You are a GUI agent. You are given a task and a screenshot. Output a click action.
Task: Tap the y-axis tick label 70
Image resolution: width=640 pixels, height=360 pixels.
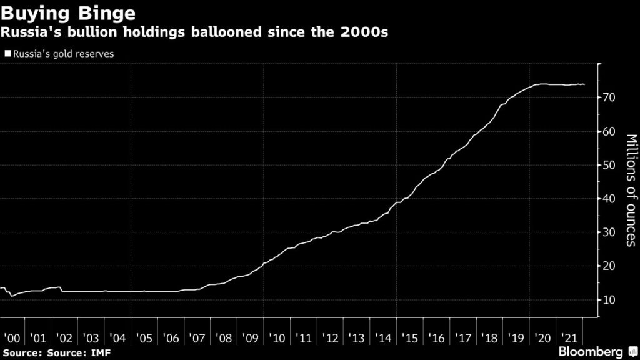(x=611, y=97)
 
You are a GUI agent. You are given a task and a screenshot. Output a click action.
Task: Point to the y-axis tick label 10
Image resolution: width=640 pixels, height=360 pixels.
(x=611, y=300)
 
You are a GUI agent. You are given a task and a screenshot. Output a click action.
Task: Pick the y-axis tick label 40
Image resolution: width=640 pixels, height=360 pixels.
(x=611, y=199)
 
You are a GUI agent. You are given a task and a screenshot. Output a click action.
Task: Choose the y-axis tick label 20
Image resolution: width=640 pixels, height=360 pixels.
(x=611, y=266)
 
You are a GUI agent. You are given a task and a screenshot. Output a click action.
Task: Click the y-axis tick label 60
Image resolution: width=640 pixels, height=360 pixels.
(x=611, y=131)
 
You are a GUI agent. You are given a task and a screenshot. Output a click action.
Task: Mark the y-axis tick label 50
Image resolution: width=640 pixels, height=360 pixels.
(x=611, y=165)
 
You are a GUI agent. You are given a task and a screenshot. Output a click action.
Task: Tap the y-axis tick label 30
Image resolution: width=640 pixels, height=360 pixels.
(x=611, y=232)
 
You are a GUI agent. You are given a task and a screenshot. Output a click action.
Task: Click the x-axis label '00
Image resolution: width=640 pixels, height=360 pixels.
(x=12, y=338)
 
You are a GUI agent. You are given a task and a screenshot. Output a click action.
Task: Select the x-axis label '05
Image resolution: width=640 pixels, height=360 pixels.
(x=145, y=338)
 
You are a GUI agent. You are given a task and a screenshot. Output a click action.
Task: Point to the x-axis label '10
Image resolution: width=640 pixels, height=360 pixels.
(x=277, y=338)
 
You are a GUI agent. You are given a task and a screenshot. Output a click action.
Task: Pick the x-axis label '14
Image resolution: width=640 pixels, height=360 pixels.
(x=384, y=338)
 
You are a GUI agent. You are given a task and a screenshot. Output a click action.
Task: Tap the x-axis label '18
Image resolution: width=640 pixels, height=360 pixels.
(x=490, y=338)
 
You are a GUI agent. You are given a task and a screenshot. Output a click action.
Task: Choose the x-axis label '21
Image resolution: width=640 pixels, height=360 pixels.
(x=569, y=338)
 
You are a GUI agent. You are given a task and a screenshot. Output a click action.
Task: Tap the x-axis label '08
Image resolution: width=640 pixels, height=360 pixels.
(x=224, y=338)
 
